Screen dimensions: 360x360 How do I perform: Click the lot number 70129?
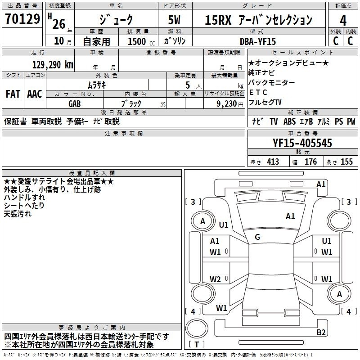pyautogui.click(x=22, y=19)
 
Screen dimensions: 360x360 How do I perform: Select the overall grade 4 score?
pyautogui.click(x=343, y=21)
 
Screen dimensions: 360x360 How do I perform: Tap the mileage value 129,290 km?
pyautogui.click(x=53, y=65)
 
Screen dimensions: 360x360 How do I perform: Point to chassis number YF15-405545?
pyautogui.click(x=302, y=143)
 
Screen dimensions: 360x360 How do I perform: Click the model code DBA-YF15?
pyautogui.click(x=257, y=41)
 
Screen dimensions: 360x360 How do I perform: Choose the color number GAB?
pyautogui.click(x=75, y=104)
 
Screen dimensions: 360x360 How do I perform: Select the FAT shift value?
pyautogui.click(x=13, y=94)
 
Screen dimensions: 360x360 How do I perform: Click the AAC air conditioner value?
pyautogui.click(x=35, y=94)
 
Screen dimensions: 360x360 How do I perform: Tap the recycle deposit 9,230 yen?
pyautogui.click(x=230, y=104)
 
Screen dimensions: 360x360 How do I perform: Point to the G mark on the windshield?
pyautogui.click(x=257, y=237)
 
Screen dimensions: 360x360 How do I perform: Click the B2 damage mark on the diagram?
pyautogui.click(x=321, y=332)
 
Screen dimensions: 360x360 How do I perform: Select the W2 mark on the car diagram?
pyautogui.click(x=215, y=279)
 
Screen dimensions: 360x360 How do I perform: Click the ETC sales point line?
pyautogui.click(x=258, y=92)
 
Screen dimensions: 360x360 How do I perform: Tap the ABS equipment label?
pyautogui.click(x=289, y=121)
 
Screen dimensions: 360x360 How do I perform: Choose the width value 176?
pyautogui.click(x=310, y=162)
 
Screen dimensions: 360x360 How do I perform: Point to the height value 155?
pyautogui.click(x=346, y=162)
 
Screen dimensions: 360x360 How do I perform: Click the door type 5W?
pyautogui.click(x=174, y=20)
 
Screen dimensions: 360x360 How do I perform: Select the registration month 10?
pyautogui.click(x=59, y=41)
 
